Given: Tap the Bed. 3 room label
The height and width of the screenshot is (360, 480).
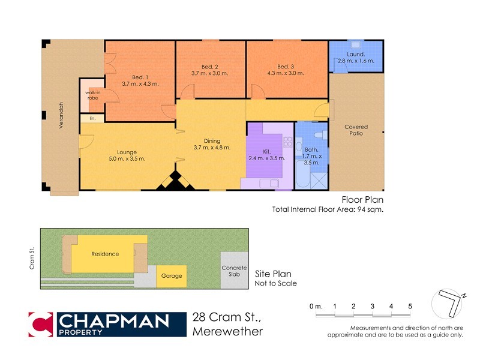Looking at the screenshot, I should [286, 66].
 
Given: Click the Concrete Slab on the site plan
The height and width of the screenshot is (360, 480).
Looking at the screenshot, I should [234, 271].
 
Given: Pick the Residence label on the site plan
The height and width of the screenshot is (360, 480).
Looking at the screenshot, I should [105, 254].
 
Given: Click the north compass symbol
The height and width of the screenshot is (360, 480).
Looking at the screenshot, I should [449, 304].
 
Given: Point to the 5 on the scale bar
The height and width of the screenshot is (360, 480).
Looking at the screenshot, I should [410, 307].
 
